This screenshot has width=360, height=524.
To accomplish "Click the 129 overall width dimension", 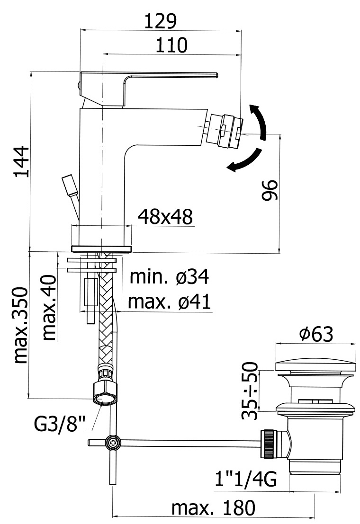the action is coord(160,21).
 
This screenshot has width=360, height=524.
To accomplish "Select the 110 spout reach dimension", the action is coord(171,45).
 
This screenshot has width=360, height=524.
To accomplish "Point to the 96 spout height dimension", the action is coord(270,190).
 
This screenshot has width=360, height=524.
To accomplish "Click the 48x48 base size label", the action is coord(165,216).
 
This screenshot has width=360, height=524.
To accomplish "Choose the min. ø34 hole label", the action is coord(169,277).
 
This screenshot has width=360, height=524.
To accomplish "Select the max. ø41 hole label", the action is coord(169,302).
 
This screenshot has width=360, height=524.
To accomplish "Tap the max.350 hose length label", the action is coord(21,325).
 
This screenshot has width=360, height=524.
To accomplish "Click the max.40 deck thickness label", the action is coord(49,308).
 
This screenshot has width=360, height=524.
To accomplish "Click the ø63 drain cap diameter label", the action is coord(316,334).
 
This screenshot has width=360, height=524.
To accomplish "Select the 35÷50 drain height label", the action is coord(250,391).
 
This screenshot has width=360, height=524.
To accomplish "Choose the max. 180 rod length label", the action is coord(213,508).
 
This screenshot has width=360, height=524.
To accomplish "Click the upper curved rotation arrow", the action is coord(259,121).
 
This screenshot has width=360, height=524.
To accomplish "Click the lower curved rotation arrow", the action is coord(245,161).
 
